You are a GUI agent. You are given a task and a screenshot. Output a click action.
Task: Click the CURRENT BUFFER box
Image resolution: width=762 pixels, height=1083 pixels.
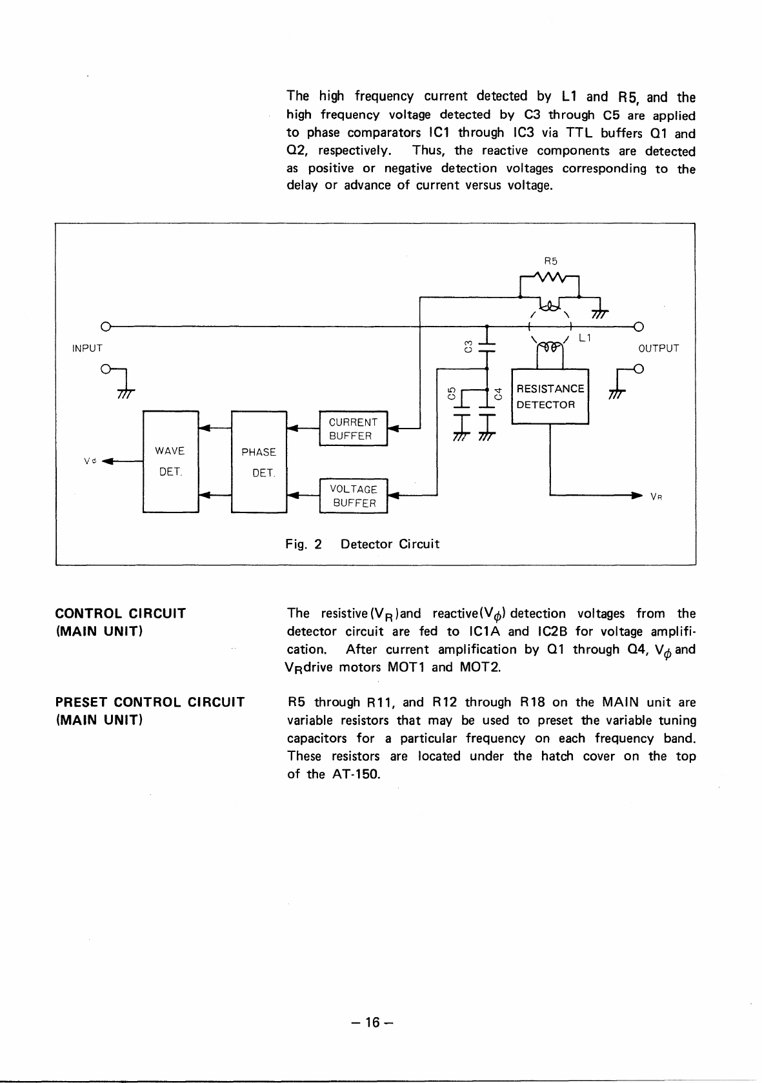coord(353,429)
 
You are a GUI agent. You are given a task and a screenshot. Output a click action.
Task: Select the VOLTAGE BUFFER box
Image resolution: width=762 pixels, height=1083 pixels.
coord(354,496)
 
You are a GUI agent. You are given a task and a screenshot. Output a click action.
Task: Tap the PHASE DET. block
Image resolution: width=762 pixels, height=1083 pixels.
coord(259,461)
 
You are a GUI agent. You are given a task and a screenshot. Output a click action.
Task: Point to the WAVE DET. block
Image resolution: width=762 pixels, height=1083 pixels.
coord(170,461)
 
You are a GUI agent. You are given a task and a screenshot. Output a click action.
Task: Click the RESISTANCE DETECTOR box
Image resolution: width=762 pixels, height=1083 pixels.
coord(549,396)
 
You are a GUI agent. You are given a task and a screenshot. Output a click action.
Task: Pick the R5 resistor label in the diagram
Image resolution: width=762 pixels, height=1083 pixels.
coord(550,261)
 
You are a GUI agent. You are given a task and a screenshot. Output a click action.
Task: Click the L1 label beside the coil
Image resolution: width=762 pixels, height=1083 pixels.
coord(585,338)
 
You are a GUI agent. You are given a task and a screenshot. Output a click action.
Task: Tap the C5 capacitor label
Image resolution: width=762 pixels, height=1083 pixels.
coord(452,393)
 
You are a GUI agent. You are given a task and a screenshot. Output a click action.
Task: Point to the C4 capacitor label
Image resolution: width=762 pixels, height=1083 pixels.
coord(497,393)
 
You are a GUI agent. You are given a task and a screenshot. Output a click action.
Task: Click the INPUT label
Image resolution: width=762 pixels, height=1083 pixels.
coord(87,349)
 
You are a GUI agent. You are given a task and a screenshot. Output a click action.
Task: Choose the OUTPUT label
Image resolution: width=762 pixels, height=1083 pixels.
coord(658,349)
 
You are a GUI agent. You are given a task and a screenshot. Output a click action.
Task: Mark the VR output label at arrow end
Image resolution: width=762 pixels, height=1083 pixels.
coord(656,497)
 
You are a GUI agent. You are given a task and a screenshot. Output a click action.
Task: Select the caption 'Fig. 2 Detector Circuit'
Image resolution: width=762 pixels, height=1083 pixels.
coord(362,544)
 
